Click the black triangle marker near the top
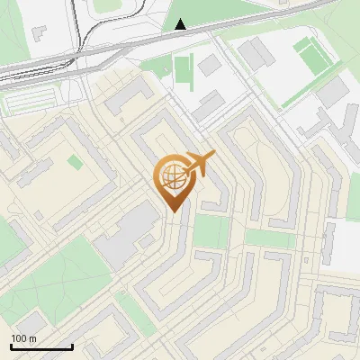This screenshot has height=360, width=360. click(181, 24)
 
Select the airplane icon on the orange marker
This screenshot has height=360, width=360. click(200, 163)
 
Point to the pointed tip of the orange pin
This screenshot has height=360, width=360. click(172, 211)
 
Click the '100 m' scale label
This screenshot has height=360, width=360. click(23, 338)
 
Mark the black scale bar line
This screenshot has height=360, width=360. click(41, 347)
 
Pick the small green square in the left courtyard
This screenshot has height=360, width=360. click(73, 162)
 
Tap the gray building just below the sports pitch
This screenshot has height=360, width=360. click(332, 91)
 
